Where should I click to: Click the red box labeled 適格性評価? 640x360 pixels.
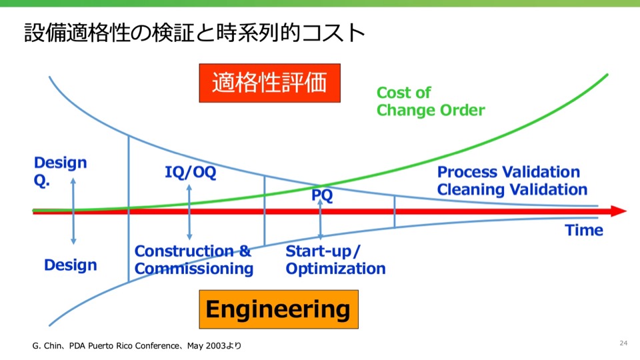(269, 83)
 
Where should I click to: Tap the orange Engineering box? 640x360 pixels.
(279, 309)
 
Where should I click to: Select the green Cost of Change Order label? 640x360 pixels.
(431, 101)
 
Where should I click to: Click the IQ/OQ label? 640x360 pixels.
(190, 172)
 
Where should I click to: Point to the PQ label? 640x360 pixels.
(322, 195)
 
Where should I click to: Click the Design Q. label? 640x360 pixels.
(60, 171)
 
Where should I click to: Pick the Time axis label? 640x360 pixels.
(584, 230)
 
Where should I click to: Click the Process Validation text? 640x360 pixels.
(509, 172)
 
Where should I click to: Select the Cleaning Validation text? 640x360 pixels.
(512, 189)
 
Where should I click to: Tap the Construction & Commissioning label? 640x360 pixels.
(194, 259)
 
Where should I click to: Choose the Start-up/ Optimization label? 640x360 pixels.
(335, 259)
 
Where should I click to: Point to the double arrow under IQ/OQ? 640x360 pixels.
(189, 212)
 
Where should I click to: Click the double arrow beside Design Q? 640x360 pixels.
(73, 211)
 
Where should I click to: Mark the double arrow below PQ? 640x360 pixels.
(321, 219)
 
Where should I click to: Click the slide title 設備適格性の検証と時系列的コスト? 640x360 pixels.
(194, 33)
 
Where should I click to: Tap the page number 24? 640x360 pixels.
(623, 343)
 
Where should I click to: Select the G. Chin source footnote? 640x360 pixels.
(137, 346)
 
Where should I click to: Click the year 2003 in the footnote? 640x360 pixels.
(215, 346)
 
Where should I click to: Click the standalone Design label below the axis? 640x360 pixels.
(71, 265)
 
